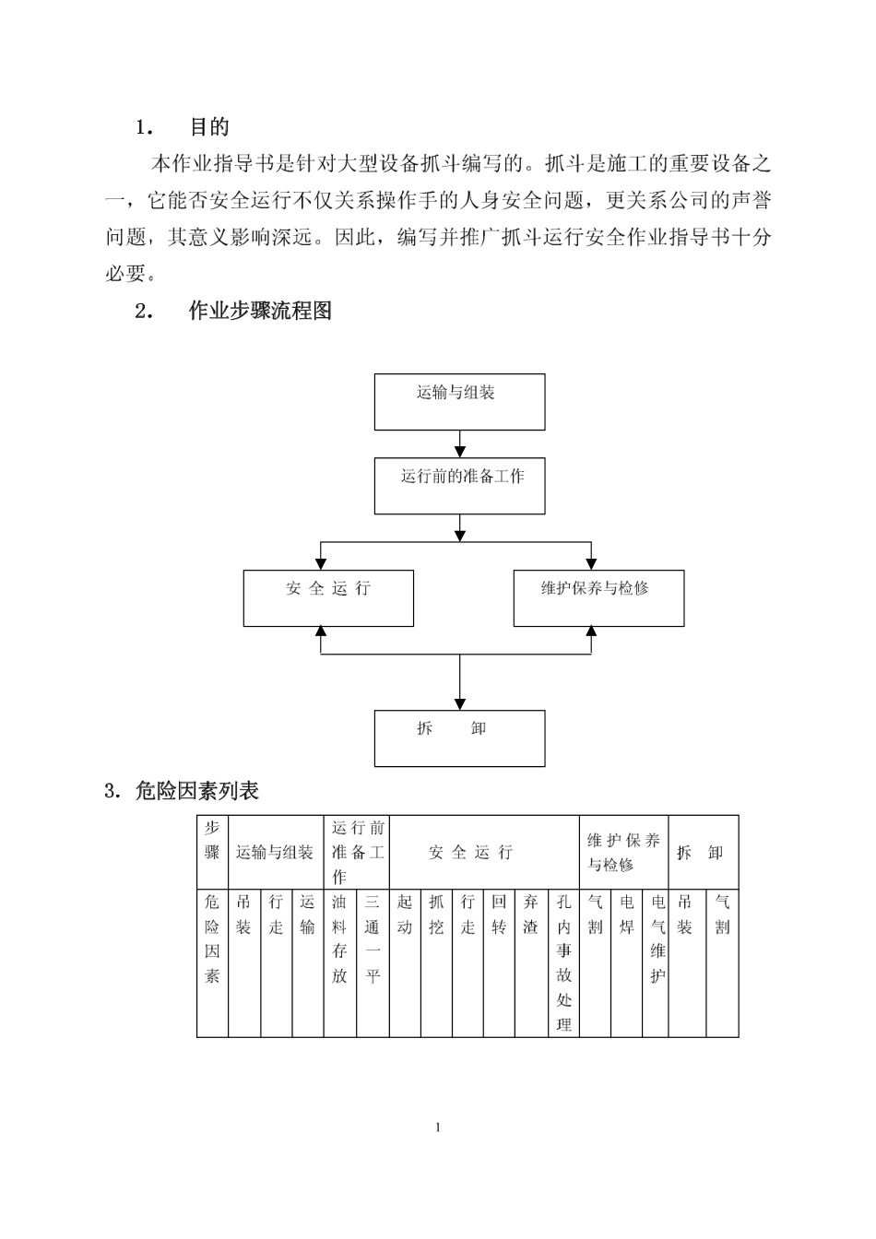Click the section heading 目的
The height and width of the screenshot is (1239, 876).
[209, 127]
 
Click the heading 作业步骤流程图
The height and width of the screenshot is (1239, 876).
[260, 311]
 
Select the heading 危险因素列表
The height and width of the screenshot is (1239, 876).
[197, 792]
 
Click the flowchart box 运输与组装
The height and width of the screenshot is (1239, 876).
[459, 402]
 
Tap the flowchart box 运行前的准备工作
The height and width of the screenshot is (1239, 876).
[459, 486]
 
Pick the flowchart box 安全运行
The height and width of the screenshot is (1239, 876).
[328, 598]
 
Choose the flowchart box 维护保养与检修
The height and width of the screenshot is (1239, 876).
[598, 598]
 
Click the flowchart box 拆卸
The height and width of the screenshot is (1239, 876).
[459, 738]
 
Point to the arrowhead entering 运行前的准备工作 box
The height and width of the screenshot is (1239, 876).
[459, 452]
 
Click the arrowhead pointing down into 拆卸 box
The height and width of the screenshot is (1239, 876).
[459, 704]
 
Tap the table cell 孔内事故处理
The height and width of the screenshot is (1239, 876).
[563, 963]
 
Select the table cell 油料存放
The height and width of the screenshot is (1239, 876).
[339, 963]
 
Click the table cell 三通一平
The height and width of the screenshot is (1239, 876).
[373, 963]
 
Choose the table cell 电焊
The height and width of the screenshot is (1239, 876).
[626, 963]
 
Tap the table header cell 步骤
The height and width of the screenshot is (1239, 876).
[212, 852]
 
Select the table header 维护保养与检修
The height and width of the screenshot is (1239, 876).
[623, 852]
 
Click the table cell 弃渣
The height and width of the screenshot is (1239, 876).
[531, 963]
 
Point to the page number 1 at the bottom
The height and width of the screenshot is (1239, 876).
[438, 1127]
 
